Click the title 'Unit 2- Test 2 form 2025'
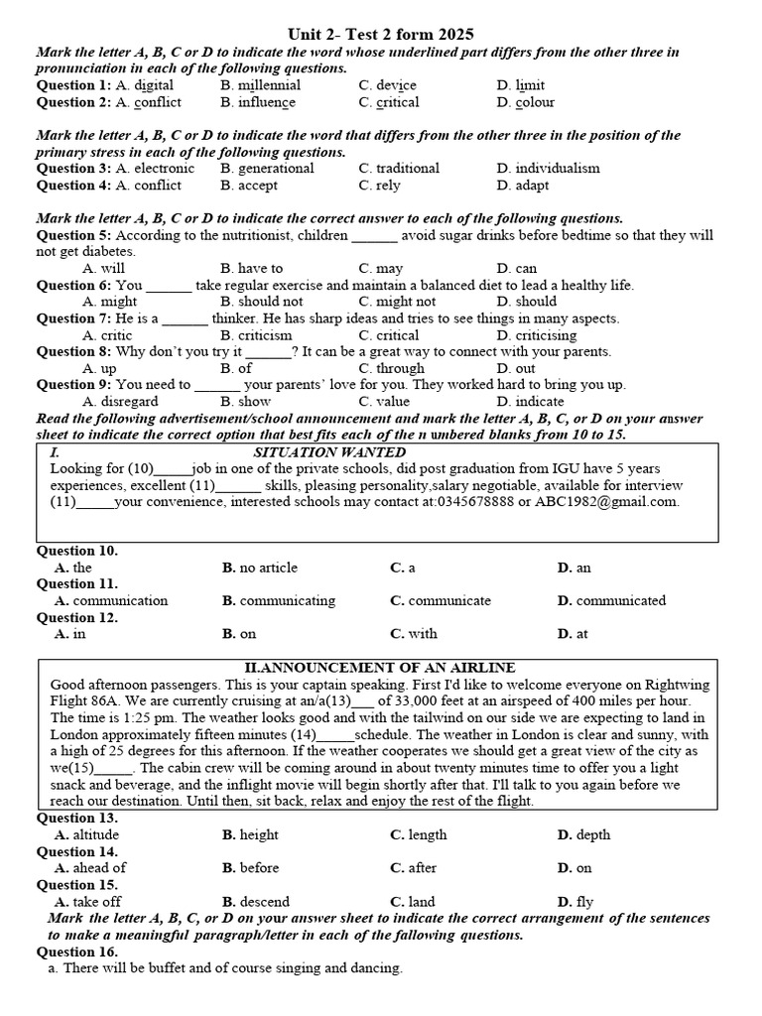pyautogui.click(x=380, y=35)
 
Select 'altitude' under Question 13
pyautogui.click(x=86, y=835)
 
